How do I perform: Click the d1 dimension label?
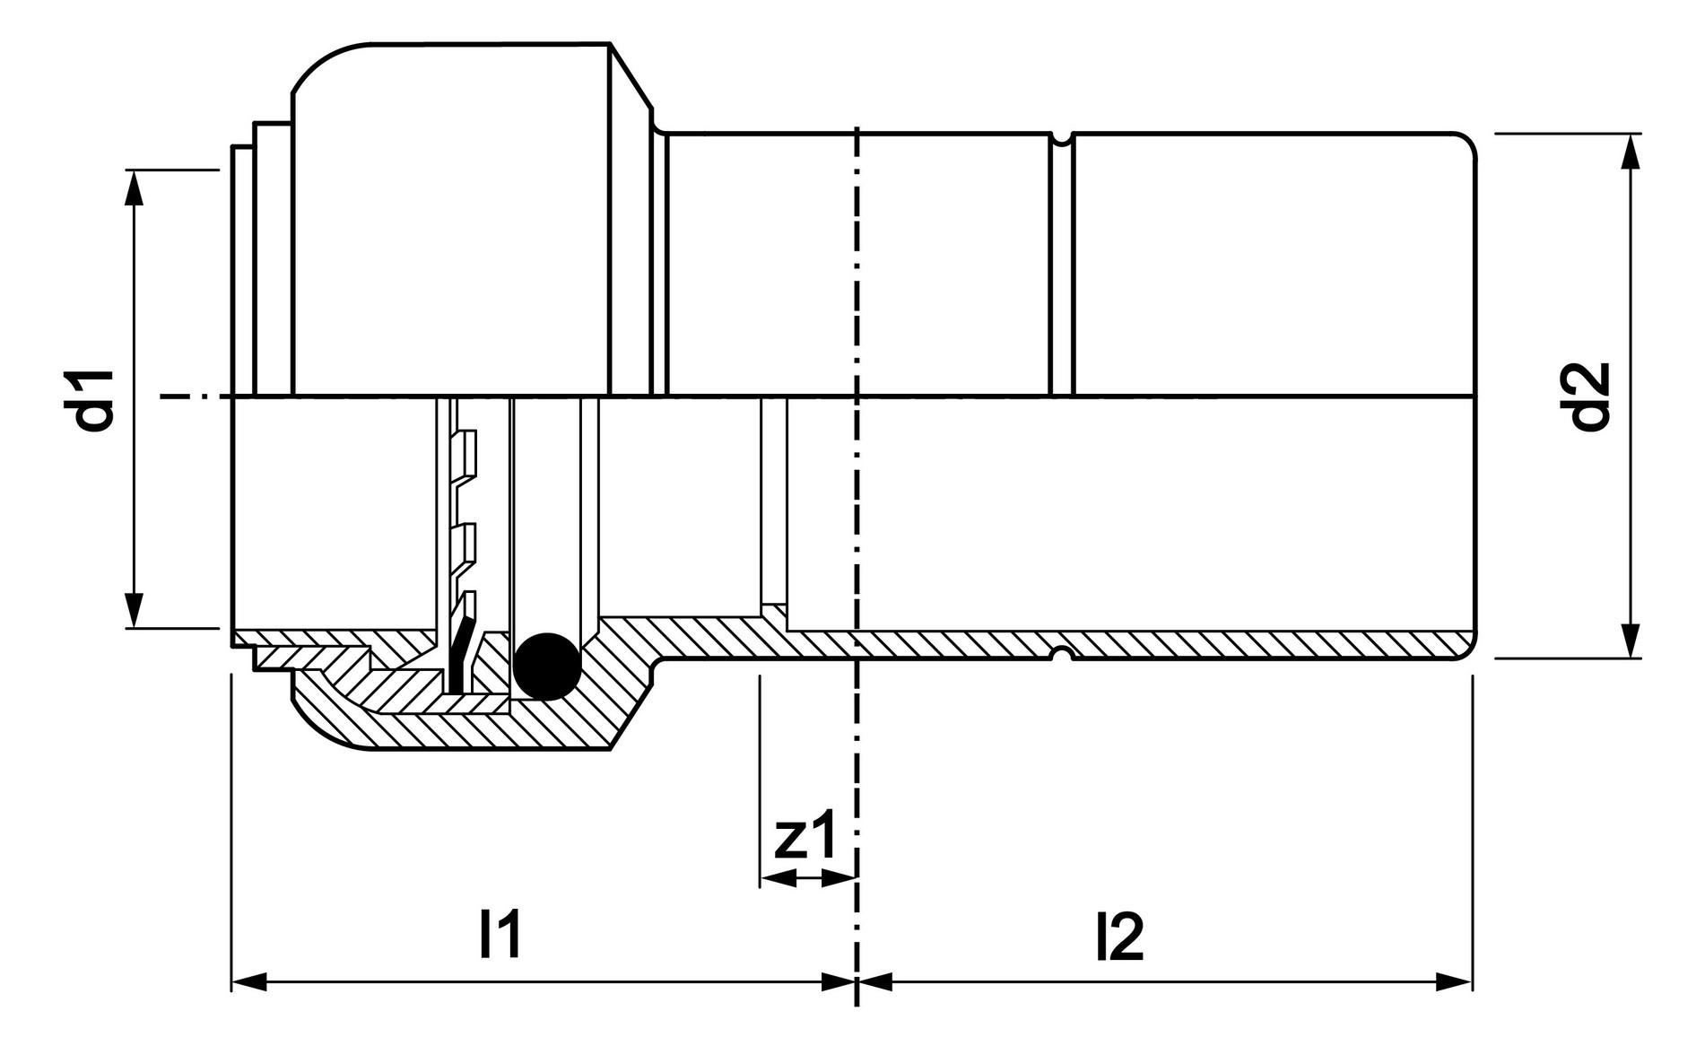pyautogui.click(x=95, y=399)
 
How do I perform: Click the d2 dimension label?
pyautogui.click(x=1591, y=397)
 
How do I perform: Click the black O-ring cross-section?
pyautogui.click(x=547, y=667)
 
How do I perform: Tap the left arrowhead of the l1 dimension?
pyautogui.click(x=249, y=981)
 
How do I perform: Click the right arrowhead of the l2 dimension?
pyautogui.click(x=1454, y=981)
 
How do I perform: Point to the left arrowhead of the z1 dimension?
pyautogui.click(x=777, y=880)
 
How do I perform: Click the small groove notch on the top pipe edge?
pyautogui.click(x=1062, y=138)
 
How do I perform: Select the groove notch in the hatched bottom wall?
pyautogui.click(x=1062, y=652)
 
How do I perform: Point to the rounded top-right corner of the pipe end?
pyautogui.click(x=1466, y=144)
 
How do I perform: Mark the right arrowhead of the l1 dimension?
pyautogui.click(x=839, y=981)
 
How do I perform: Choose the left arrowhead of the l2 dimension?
pyautogui.click(x=875, y=981)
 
